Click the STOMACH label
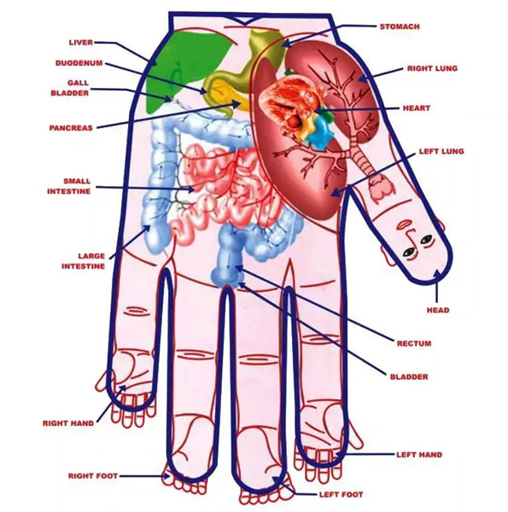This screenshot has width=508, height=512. pyautogui.click(x=400, y=26)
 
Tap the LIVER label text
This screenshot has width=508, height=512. pyautogui.click(x=81, y=43)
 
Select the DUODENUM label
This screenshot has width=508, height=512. pyautogui.click(x=79, y=63)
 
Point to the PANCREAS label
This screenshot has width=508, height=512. pyautogui.click(x=71, y=128)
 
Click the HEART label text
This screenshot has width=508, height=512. pyautogui.click(x=416, y=108)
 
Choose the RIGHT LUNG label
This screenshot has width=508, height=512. pyautogui.click(x=432, y=68)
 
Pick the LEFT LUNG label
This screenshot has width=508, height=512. pyautogui.click(x=441, y=152)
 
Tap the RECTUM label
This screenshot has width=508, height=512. pyautogui.click(x=414, y=344)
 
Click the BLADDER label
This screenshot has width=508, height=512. pyautogui.click(x=409, y=377)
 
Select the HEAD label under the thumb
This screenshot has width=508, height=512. pyautogui.click(x=438, y=311)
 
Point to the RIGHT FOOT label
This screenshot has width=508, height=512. pyautogui.click(x=93, y=476)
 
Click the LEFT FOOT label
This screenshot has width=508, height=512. pyautogui.click(x=341, y=495)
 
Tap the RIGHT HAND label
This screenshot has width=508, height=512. pyautogui.click(x=68, y=423)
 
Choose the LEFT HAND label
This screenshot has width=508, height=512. pyautogui.click(x=419, y=455)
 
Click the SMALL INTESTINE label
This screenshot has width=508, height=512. pyautogui.click(x=69, y=186)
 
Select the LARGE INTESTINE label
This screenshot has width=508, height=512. pyautogui.click(x=84, y=261)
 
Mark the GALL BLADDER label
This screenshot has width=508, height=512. pyautogui.click(x=70, y=88)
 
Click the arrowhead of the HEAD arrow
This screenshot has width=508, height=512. pyautogui.click(x=437, y=274)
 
